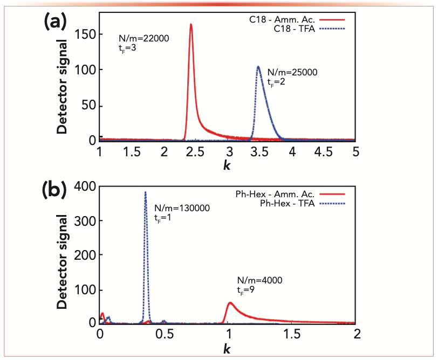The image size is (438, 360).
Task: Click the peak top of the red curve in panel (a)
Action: pyautogui.click(x=191, y=24)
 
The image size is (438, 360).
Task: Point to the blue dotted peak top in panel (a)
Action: pyautogui.click(x=258, y=67)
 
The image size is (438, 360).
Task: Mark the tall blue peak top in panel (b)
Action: pyautogui.click(x=145, y=192)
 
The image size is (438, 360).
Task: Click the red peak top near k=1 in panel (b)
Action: pyautogui.click(x=230, y=302)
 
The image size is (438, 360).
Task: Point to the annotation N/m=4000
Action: pyautogui.click(x=259, y=280)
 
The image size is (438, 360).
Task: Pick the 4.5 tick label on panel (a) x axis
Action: pyautogui.click(x=324, y=152)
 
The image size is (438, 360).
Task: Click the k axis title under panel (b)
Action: pyautogui.click(x=227, y=348)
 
